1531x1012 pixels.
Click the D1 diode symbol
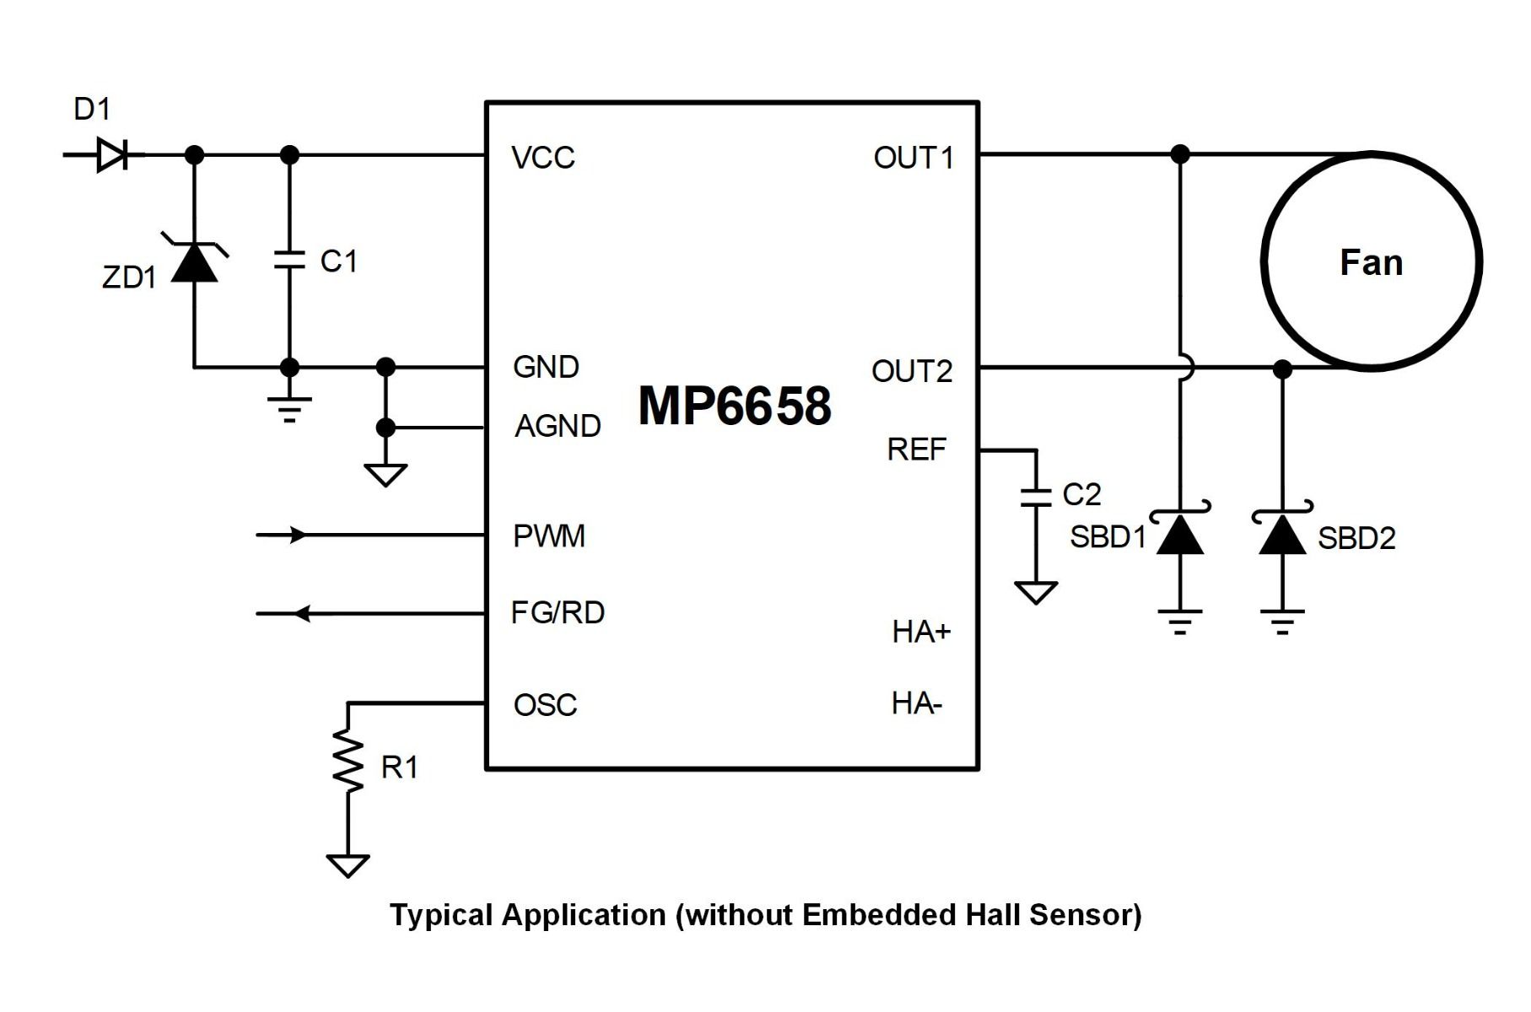click(112, 154)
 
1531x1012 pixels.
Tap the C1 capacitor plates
click(289, 260)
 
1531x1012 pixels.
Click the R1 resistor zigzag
click(348, 761)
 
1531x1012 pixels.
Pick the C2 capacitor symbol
click(1036, 497)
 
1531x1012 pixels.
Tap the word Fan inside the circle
click(1372, 262)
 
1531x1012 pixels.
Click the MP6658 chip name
click(735, 406)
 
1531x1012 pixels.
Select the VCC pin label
click(543, 158)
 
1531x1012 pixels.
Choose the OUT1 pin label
click(914, 158)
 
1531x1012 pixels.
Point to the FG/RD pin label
click(558, 612)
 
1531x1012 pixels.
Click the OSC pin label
click(545, 705)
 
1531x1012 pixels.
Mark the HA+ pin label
click(921, 632)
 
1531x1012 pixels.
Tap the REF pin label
click(916, 449)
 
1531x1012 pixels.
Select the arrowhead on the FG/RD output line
click(302, 614)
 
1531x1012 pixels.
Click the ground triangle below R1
click(348, 865)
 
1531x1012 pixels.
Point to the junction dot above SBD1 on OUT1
click(1180, 154)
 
